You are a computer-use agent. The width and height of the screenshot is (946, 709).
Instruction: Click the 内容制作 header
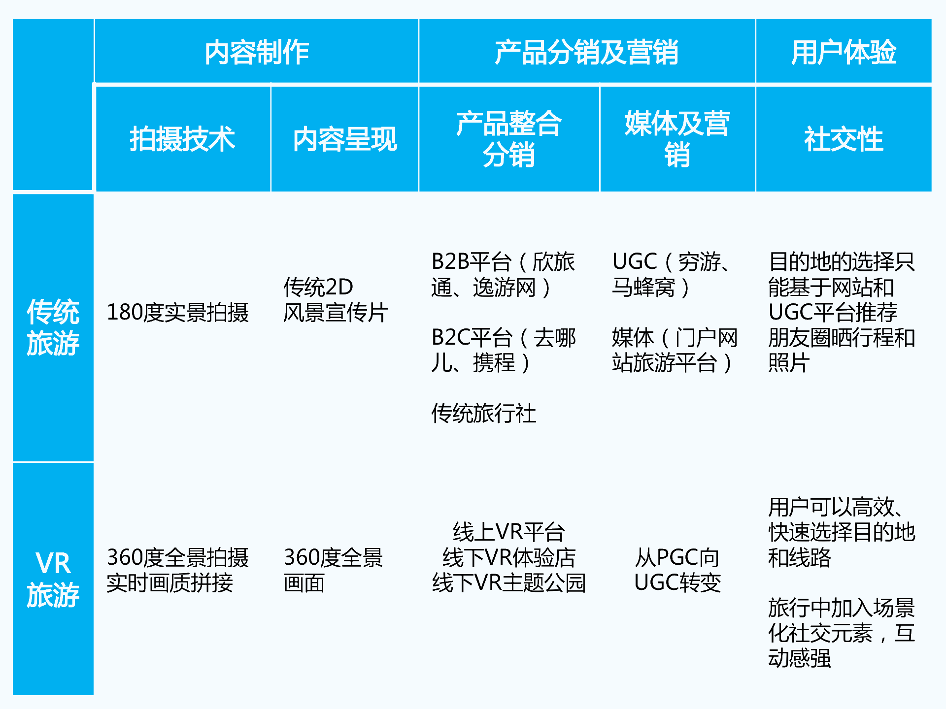click(257, 52)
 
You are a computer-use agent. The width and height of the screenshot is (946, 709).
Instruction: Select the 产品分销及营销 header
click(586, 52)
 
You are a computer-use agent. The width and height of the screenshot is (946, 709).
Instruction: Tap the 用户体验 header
click(844, 52)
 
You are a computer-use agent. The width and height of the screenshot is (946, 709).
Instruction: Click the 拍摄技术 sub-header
click(182, 139)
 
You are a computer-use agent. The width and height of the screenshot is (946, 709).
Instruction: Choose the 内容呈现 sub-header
click(345, 139)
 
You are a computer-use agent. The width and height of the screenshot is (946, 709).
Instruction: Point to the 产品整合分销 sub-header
click(509, 139)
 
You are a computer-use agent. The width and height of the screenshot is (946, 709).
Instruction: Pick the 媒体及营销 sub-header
click(677, 139)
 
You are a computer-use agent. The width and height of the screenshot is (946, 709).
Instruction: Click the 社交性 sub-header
click(844, 139)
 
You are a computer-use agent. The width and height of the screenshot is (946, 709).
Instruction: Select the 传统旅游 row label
click(53, 327)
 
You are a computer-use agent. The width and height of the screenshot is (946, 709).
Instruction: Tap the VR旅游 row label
click(53, 579)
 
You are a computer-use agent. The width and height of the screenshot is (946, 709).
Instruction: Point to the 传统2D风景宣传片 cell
click(335, 300)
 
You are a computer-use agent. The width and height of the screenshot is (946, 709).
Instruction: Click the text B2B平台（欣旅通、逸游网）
click(503, 275)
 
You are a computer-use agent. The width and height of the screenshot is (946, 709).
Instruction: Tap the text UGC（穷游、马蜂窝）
click(670, 275)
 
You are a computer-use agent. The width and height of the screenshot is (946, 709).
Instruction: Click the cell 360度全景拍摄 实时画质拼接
click(177, 570)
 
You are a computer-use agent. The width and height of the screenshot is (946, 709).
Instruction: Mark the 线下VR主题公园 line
click(509, 583)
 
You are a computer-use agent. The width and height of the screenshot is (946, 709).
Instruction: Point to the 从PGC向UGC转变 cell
click(677, 570)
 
